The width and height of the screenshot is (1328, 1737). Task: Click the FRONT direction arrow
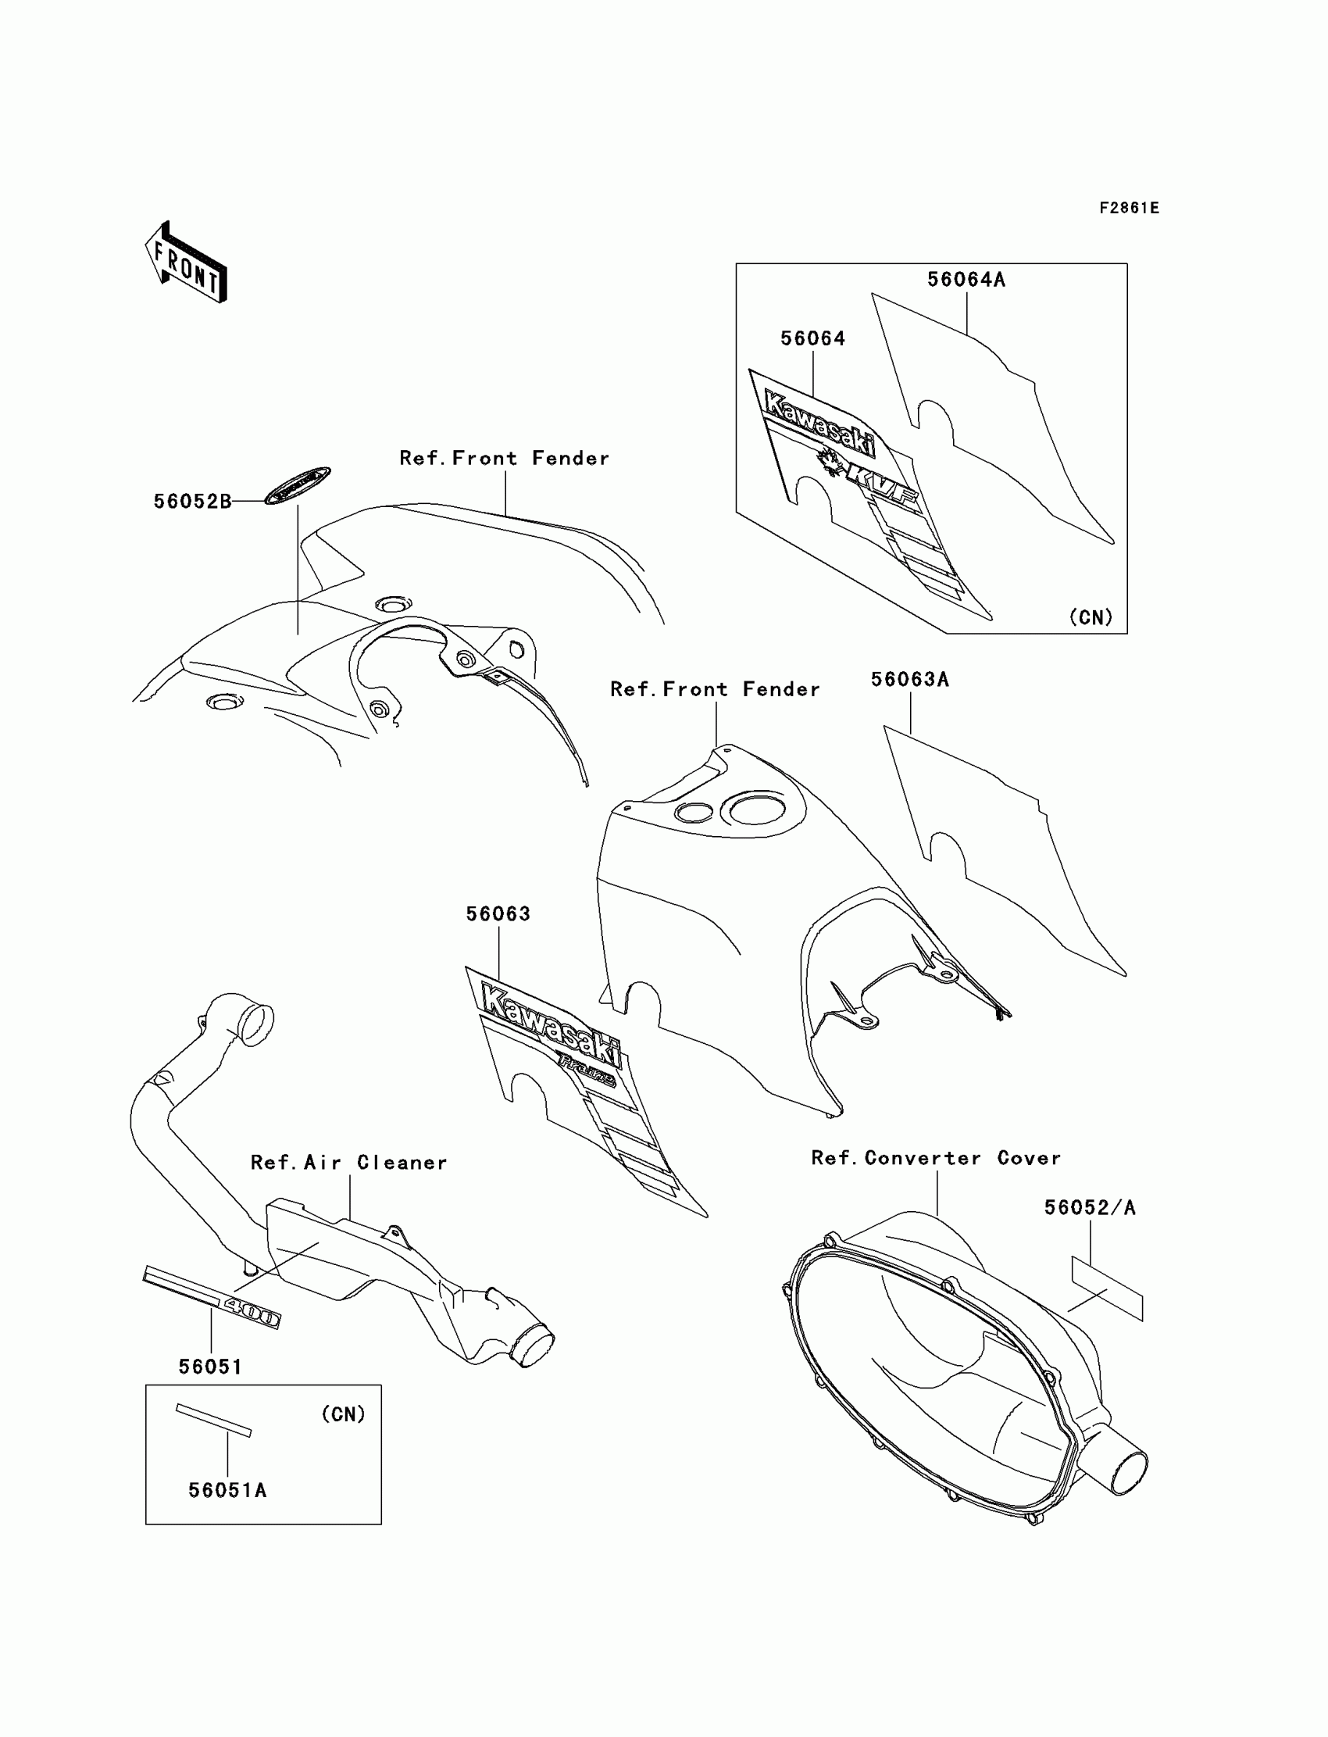point(187,263)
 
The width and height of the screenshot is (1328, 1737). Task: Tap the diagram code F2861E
point(1129,208)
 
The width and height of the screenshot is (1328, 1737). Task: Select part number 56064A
point(966,280)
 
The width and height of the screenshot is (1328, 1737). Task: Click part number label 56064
point(812,339)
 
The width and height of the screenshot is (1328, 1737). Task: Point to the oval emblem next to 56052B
point(297,484)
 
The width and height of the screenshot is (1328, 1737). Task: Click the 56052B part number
point(192,502)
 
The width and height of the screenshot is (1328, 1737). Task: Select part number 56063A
point(910,680)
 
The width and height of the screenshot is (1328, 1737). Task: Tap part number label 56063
point(498,914)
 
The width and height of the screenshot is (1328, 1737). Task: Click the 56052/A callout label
point(1089,1208)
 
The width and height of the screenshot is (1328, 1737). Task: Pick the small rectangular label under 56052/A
point(1107,1289)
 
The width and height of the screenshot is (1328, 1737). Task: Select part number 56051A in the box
point(227,1490)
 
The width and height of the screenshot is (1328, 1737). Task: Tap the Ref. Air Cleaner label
point(348,1163)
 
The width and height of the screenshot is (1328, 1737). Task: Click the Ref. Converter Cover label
point(936,1158)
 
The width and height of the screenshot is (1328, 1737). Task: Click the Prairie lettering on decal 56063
point(587,1070)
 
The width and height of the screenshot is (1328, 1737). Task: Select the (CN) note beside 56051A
point(343,1414)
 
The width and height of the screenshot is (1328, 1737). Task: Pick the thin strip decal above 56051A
point(213,1420)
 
